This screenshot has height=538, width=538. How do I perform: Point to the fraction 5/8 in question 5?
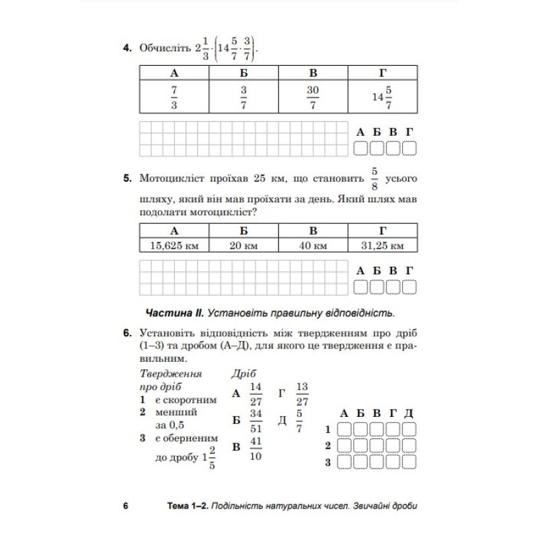(x=375, y=179)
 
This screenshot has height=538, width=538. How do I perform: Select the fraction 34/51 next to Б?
(x=255, y=420)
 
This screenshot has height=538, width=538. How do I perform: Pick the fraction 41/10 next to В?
(x=255, y=448)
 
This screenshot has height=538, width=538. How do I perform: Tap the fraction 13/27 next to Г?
(x=302, y=393)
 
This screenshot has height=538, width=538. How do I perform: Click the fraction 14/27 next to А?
(x=255, y=393)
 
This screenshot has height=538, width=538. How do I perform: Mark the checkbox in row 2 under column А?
(x=344, y=445)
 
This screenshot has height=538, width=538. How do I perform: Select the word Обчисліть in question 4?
(x=163, y=49)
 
